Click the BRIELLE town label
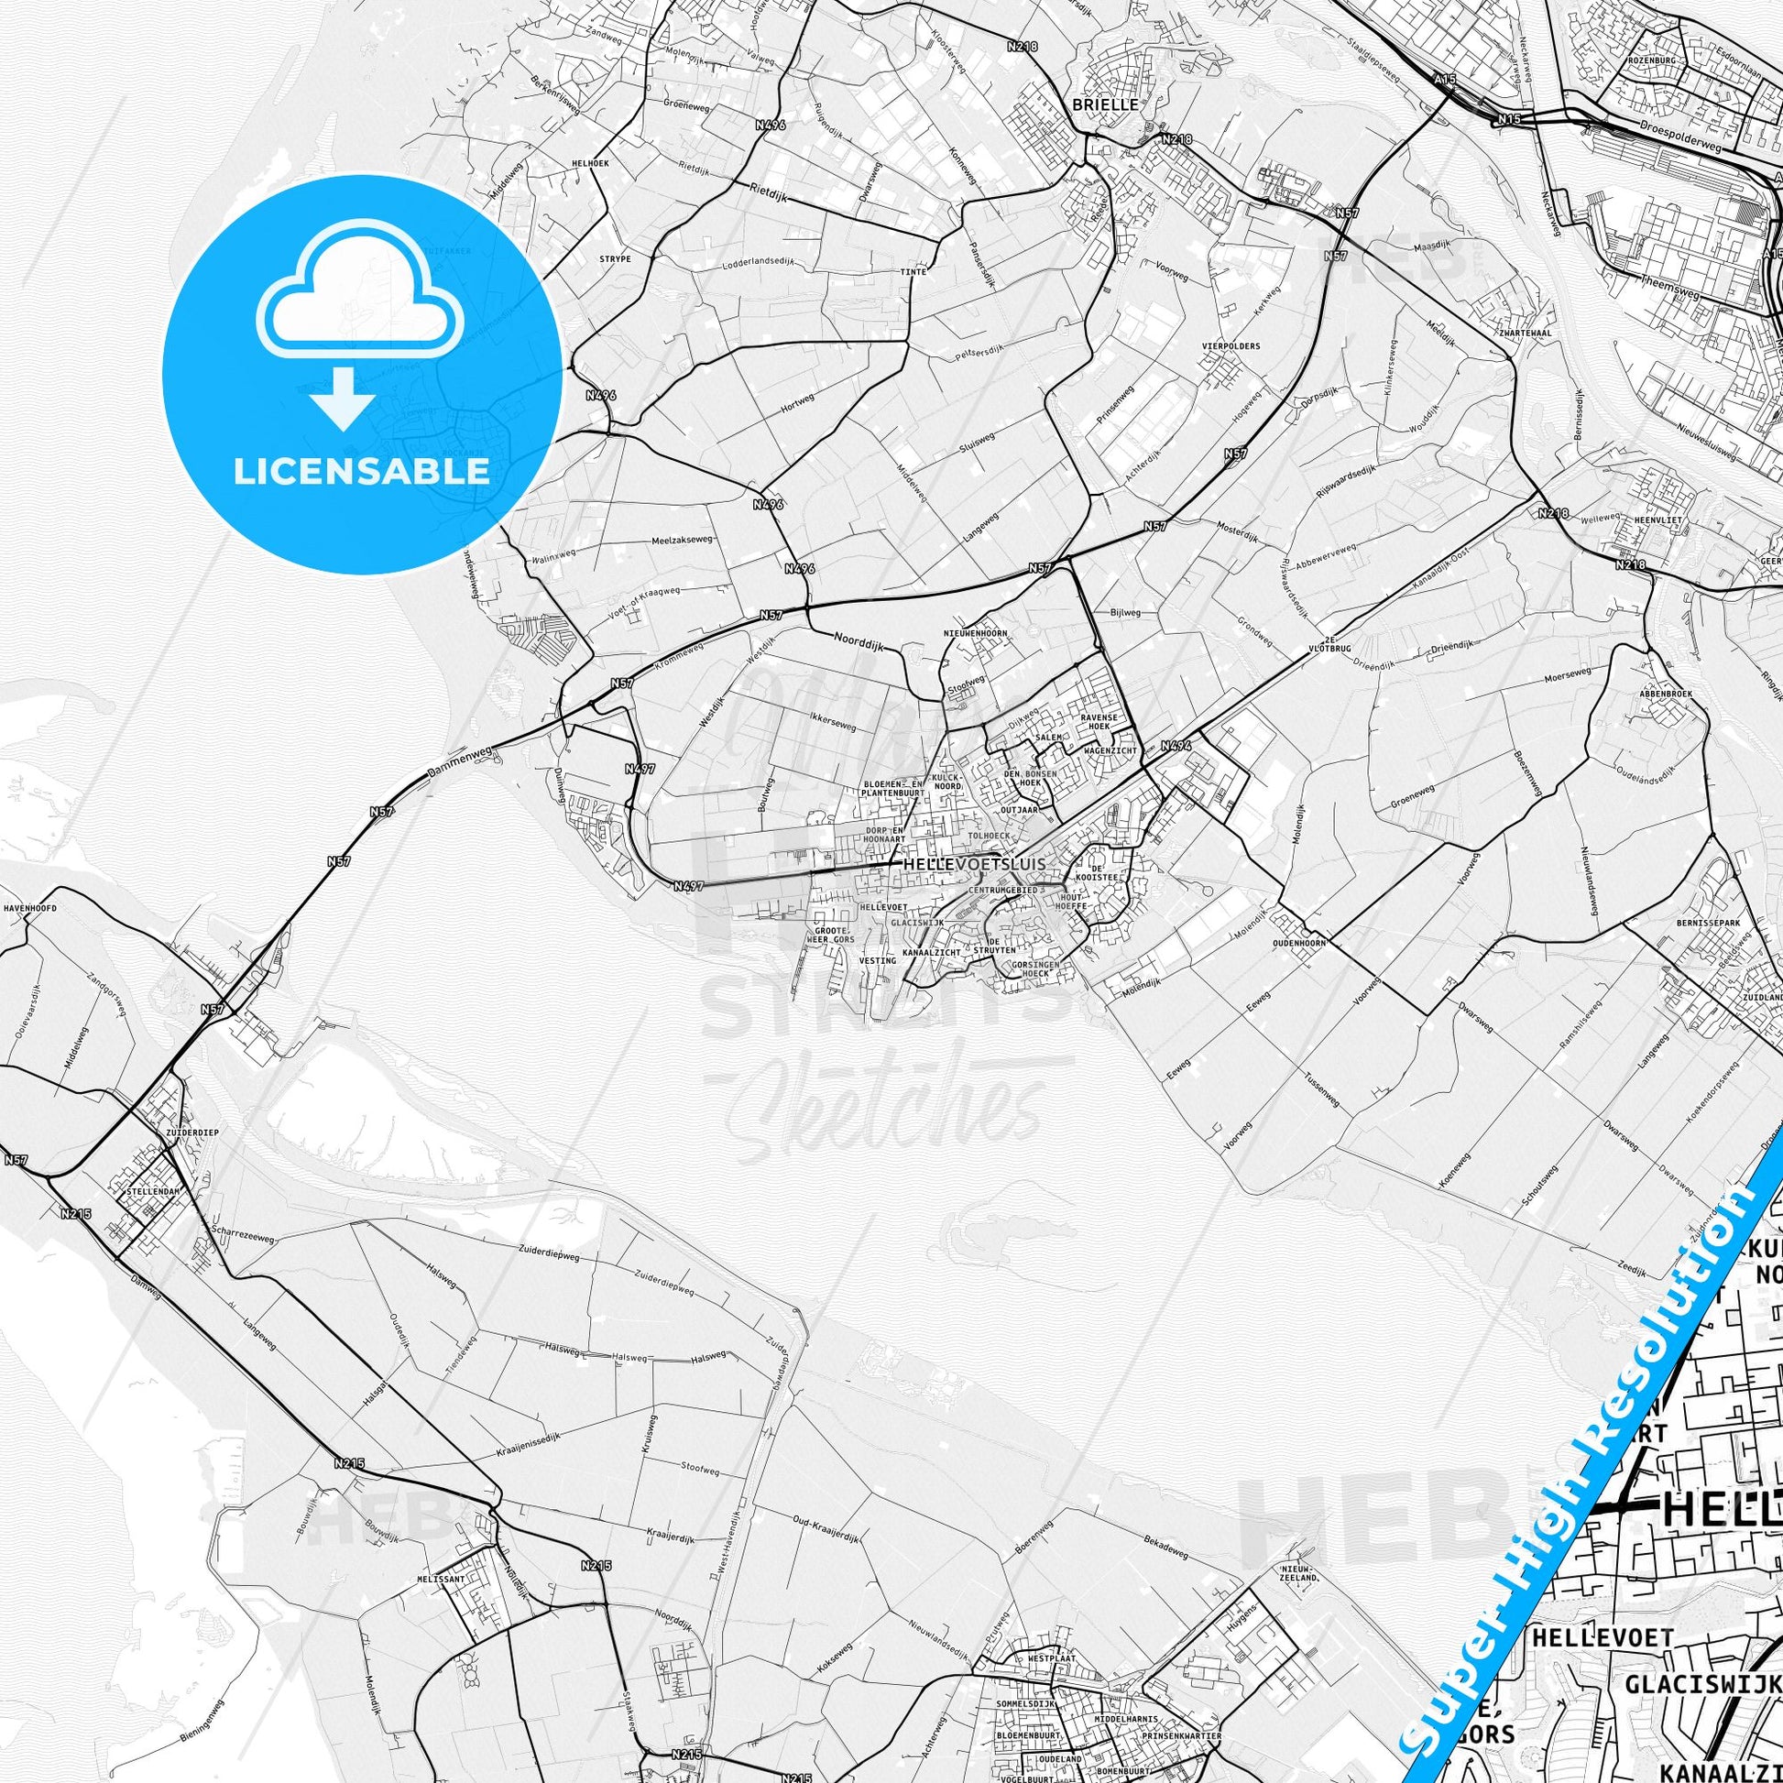(1106, 105)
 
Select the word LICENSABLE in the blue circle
(361, 471)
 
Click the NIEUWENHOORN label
(975, 633)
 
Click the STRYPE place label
(616, 259)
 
